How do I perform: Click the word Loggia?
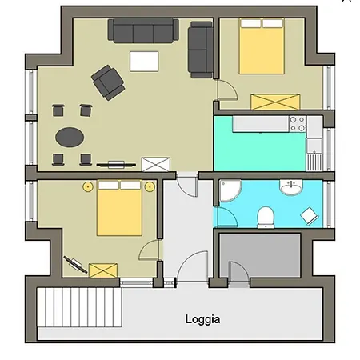202,319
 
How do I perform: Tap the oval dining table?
70,137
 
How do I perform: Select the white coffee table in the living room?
144,62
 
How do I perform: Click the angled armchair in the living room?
108,82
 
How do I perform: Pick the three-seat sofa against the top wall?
143,30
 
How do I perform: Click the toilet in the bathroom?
266,218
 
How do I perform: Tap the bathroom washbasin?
291,187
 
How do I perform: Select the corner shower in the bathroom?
229,190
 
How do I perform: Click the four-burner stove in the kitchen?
298,124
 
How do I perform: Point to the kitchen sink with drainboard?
314,154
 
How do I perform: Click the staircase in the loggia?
79,307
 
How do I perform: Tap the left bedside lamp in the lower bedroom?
88,186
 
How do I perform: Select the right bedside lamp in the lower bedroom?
150,186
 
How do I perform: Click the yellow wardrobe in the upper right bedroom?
275,102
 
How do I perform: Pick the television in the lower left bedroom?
75,265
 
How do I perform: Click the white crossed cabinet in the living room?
156,164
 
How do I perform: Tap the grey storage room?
260,255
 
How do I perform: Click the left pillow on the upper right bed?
250,23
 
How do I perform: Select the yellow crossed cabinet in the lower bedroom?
103,270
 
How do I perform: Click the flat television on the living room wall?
116,165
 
